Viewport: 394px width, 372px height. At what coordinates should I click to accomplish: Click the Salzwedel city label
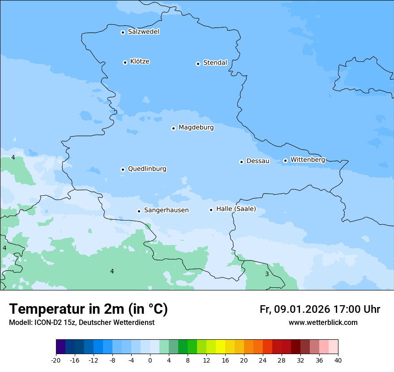143,32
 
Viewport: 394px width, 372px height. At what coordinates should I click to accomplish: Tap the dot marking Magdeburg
173,128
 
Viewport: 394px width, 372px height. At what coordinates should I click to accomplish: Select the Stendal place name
215,63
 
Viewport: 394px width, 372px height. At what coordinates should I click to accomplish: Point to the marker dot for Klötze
125,62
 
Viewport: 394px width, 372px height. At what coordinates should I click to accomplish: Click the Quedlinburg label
147,169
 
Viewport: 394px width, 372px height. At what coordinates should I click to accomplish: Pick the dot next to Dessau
241,162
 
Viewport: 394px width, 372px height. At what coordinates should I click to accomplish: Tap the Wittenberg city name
307,160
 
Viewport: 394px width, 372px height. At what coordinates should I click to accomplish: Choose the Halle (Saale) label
236,209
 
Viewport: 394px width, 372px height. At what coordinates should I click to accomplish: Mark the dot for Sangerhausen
139,211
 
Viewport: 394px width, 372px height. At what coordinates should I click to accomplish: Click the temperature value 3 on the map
267,274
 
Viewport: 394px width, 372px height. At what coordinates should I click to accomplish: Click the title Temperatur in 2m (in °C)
88,309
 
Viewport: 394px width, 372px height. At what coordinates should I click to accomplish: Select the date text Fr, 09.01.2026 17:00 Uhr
320,309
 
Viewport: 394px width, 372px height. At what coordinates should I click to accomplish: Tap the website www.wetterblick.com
323,322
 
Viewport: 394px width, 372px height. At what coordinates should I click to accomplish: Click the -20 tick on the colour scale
56,360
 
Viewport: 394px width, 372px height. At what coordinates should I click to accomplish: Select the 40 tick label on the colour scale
338,360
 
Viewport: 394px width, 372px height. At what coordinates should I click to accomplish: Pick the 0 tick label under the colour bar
150,360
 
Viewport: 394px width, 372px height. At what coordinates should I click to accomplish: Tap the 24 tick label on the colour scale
262,360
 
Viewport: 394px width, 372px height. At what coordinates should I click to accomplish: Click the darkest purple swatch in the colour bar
60,347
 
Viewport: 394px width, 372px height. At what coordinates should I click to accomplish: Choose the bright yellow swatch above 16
220,347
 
